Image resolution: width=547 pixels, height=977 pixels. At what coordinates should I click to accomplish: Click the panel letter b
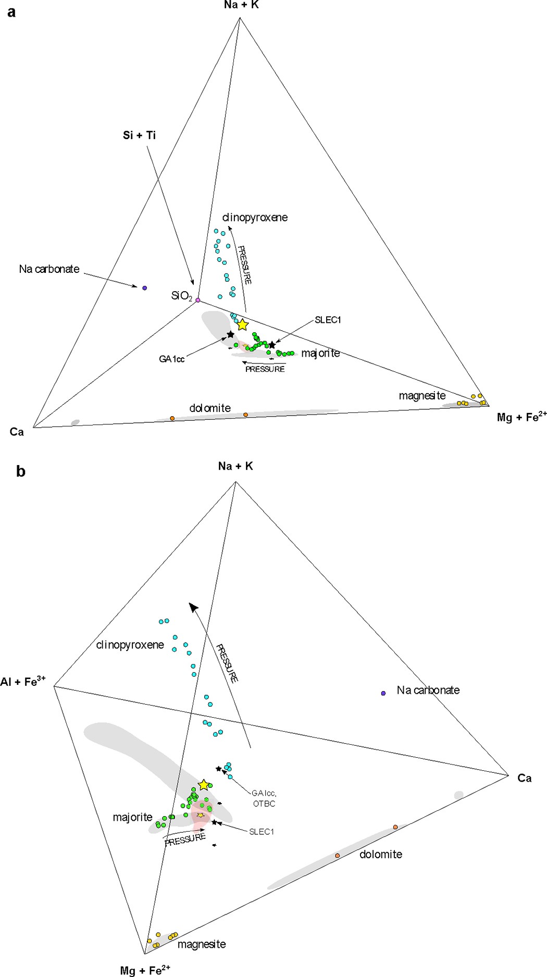(x=21, y=471)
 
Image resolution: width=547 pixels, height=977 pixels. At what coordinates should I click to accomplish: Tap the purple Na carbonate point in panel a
(x=145, y=287)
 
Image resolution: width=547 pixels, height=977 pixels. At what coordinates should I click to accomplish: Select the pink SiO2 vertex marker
(x=197, y=300)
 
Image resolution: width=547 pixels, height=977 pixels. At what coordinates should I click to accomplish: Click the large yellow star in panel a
(x=242, y=325)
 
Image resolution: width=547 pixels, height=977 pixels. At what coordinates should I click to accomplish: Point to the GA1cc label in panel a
(x=172, y=359)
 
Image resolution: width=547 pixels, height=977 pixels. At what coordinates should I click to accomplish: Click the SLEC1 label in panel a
(x=328, y=320)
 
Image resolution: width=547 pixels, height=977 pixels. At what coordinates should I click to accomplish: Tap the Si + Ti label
(x=139, y=135)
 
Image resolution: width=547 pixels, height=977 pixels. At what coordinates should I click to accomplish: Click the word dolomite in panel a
(x=210, y=408)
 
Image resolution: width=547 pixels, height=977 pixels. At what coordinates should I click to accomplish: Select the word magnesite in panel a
(x=422, y=396)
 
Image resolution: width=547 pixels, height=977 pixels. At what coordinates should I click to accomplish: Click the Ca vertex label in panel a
(x=17, y=432)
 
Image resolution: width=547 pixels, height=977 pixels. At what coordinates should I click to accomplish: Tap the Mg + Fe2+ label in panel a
(x=521, y=417)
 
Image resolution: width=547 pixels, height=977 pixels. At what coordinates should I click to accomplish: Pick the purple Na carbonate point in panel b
(x=383, y=693)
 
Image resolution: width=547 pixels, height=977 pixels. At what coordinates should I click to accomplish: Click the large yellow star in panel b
(x=204, y=785)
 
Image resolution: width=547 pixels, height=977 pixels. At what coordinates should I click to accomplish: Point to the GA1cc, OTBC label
(x=264, y=798)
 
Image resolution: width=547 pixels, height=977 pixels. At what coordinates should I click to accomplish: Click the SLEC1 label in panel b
(x=262, y=832)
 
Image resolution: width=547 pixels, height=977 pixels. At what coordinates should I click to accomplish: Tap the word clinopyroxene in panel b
(x=130, y=645)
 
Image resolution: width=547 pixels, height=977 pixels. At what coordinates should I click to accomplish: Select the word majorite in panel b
(x=132, y=817)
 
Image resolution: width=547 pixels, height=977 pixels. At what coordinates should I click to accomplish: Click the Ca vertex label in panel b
(x=524, y=778)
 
